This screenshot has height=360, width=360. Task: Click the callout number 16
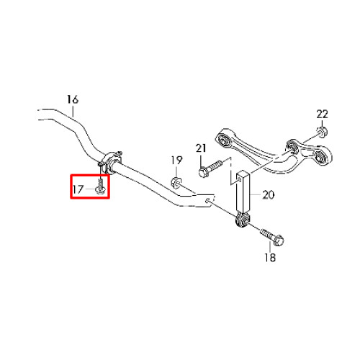73,99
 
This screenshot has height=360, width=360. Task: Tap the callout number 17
78,189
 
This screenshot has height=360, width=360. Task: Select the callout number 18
270,257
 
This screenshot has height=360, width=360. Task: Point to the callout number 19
176,160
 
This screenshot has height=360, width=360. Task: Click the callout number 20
268,194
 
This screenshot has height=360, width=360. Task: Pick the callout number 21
201,148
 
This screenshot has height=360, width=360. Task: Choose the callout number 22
322,114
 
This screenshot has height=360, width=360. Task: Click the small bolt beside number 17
100,185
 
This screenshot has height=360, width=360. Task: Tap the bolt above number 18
272,237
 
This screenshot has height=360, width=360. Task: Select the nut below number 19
176,182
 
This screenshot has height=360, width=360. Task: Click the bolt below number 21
210,168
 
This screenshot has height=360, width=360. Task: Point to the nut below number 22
322,132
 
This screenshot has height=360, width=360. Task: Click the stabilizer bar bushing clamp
111,162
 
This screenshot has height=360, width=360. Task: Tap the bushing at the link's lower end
242,220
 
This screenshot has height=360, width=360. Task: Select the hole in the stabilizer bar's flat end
208,200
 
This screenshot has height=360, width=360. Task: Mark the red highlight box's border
71,186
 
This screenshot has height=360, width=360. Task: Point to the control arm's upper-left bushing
225,139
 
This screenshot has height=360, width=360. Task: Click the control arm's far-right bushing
321,158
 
